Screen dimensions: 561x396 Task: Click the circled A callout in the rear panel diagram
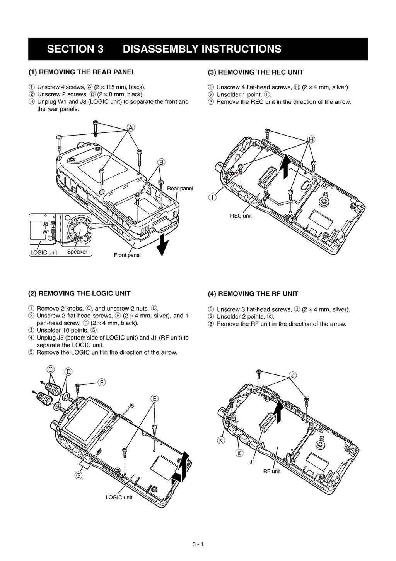click(131, 128)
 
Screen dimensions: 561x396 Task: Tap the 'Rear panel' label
click(180, 189)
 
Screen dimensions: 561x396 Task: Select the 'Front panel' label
click(127, 255)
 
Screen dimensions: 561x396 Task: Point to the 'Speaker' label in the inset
click(77, 252)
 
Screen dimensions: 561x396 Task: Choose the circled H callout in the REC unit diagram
click(311, 140)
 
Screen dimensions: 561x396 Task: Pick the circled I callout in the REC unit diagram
click(212, 198)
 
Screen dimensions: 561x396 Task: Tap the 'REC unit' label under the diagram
click(241, 216)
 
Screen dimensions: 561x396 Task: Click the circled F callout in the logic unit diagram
click(102, 383)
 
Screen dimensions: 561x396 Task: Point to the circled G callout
click(78, 476)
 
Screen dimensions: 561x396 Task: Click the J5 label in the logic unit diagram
click(131, 406)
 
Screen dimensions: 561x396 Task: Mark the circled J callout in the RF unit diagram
click(293, 376)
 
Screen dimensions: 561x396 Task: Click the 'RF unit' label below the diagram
click(272, 471)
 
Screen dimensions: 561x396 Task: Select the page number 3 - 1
click(198, 544)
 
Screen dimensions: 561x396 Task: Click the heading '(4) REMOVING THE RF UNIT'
click(253, 294)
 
